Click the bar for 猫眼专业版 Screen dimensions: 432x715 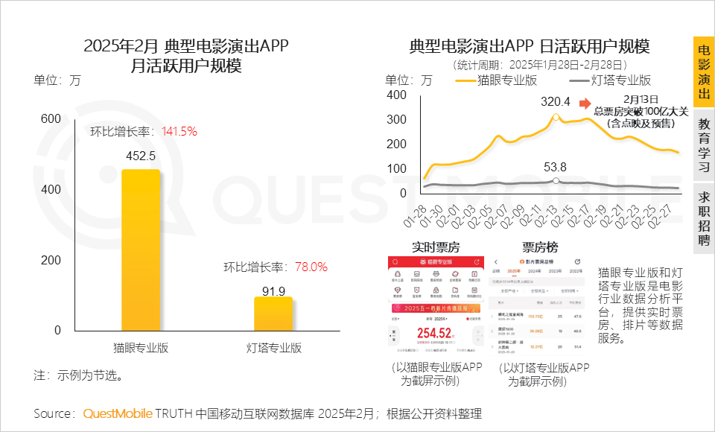pyautogui.click(x=141, y=250)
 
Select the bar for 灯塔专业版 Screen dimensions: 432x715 pyautogui.click(x=273, y=314)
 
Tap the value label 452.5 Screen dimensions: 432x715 pyautogui.click(x=141, y=156)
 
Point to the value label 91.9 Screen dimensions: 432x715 pyautogui.click(x=273, y=291)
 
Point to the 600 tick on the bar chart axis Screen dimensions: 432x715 pyautogui.click(x=51, y=119)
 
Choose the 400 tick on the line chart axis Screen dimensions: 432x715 pyautogui.click(x=397, y=95)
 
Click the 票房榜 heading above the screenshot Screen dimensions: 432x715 pyautogui.click(x=541, y=246)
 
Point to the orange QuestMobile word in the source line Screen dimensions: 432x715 pyautogui.click(x=118, y=413)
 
